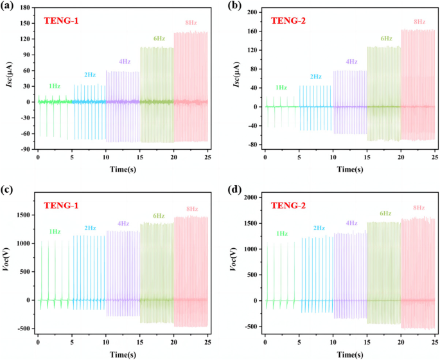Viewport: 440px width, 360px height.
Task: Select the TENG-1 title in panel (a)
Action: coord(62,21)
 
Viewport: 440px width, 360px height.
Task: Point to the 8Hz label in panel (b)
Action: coord(419,22)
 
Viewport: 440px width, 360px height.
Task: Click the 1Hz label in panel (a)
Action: coord(56,85)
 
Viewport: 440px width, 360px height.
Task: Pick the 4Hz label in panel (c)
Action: coord(124,224)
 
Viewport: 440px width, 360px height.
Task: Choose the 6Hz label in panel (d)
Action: coord(385,213)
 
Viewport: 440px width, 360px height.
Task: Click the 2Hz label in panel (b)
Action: coord(316,77)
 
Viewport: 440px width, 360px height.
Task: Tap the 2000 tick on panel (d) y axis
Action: coord(249,197)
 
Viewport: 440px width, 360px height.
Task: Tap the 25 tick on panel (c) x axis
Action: coord(208,343)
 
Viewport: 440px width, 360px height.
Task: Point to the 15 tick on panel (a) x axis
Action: coord(140,158)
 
